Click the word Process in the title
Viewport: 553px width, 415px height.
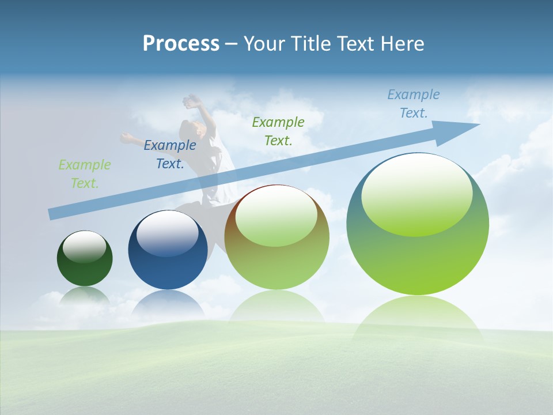(181, 44)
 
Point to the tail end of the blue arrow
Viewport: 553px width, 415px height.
(52, 214)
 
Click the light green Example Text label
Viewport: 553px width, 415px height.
(85, 174)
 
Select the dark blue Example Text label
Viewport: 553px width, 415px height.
(170, 154)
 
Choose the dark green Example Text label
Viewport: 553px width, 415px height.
(278, 131)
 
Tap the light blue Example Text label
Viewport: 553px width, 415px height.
(414, 104)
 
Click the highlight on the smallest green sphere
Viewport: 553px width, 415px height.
(85, 247)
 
